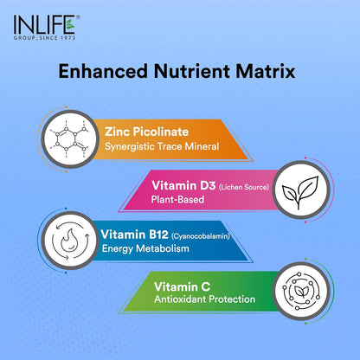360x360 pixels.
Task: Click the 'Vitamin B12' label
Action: tap(136, 234)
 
